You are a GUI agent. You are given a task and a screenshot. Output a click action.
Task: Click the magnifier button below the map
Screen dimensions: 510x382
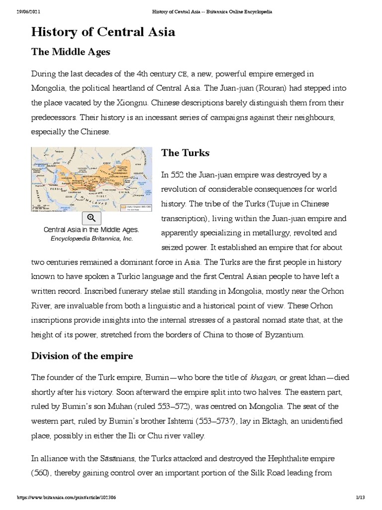tap(92, 218)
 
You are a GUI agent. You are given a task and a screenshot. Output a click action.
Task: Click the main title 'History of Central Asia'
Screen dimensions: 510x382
tap(103, 32)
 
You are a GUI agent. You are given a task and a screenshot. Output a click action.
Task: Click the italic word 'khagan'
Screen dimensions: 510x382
tap(249, 376)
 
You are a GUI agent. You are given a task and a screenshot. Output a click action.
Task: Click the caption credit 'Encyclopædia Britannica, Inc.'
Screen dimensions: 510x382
tap(92, 239)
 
